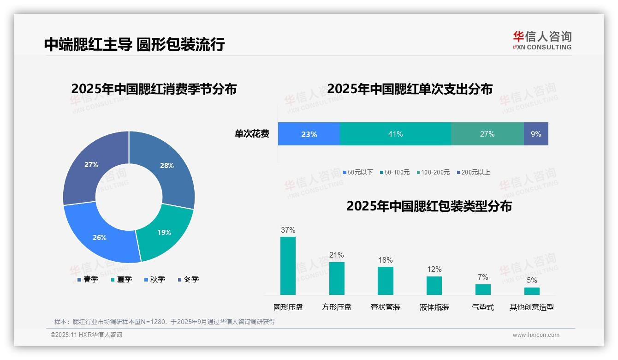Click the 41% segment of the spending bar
395,134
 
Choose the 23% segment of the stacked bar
309,134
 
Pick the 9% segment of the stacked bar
536,134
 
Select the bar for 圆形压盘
288,266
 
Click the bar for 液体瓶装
434,285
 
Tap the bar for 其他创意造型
532,291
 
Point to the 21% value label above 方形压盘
337,255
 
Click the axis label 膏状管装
386,307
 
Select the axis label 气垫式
483,307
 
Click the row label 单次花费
252,134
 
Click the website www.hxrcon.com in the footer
536,335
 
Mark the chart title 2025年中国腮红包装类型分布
429,206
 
